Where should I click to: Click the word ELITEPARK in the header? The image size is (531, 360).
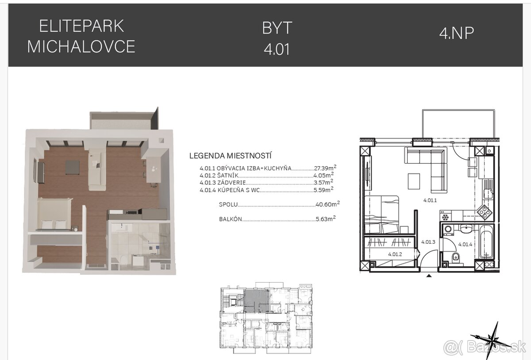tap(81, 27)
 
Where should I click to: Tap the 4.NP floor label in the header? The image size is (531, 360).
tap(456, 33)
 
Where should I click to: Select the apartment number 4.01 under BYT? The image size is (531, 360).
tap(277, 49)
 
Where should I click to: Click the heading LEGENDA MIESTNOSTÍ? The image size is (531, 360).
tap(230, 156)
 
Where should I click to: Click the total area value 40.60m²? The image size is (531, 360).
tap(327, 204)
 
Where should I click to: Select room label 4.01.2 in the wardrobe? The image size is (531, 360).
tap(394, 254)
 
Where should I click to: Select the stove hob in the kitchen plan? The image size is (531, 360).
tap(485, 212)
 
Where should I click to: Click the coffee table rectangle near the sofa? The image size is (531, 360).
tap(414, 180)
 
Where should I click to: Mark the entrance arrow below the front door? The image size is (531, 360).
tap(428, 276)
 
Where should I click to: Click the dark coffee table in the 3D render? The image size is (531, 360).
tap(73, 167)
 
